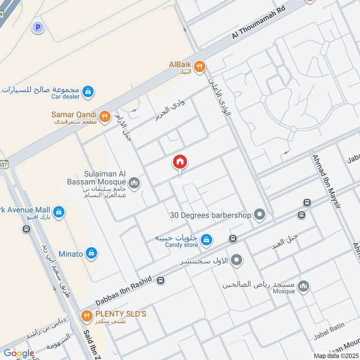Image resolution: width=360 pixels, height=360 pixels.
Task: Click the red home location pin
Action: click(180, 162)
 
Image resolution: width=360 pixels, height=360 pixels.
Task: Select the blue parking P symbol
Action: click(38, 28)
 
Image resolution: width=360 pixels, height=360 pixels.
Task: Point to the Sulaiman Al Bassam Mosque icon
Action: click(134, 183)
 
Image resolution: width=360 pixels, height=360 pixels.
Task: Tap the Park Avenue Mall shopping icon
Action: click(58, 211)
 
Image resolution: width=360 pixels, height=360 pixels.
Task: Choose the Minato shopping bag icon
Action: click(91, 254)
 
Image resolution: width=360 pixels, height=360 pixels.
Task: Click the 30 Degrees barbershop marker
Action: click(259, 215)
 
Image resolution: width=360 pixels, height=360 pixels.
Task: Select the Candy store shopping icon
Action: click(206, 240)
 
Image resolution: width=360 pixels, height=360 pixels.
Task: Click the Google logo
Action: click(19, 353)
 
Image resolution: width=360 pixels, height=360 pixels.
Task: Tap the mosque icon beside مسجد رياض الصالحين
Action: click(304, 286)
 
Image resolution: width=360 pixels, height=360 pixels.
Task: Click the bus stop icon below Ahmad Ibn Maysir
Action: click(307, 203)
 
